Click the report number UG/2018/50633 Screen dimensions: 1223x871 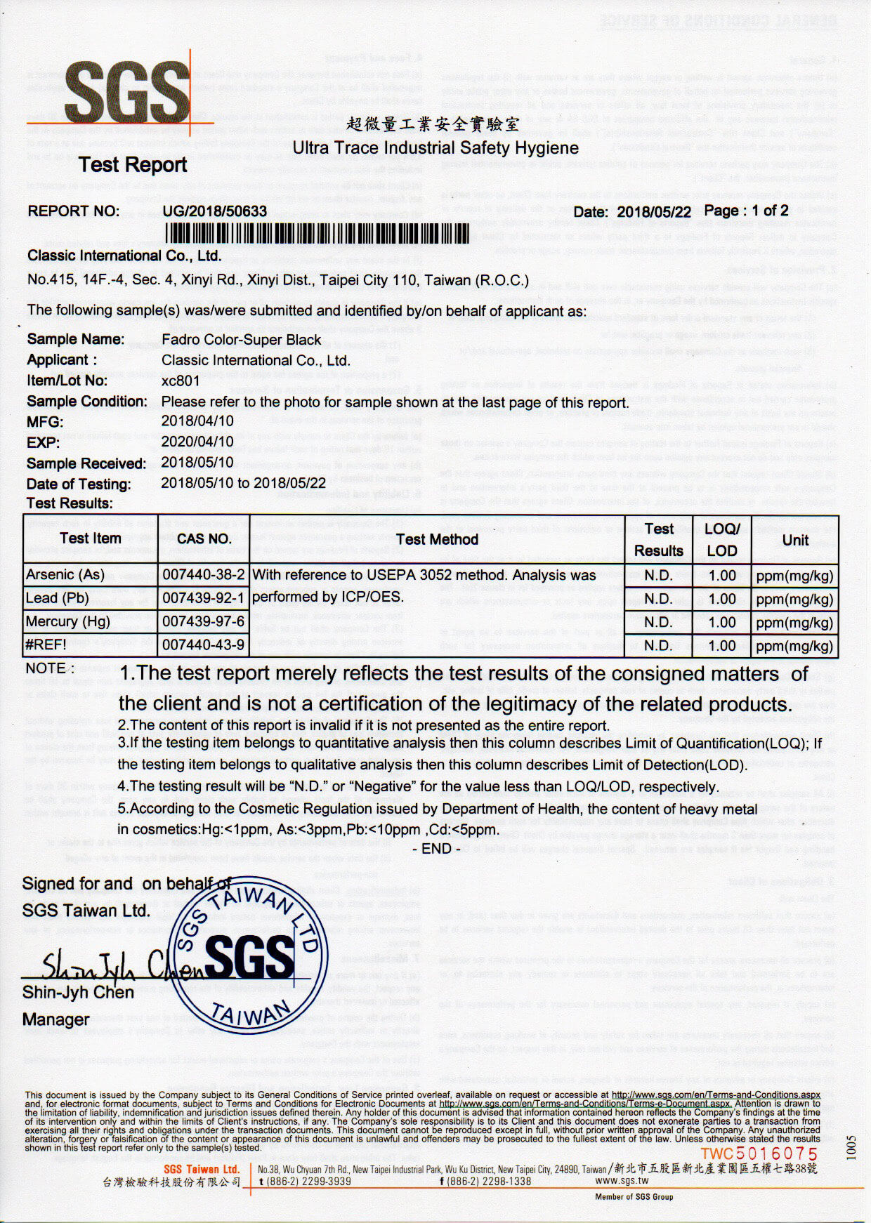pos(214,211)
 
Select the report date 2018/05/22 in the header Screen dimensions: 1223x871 pos(653,212)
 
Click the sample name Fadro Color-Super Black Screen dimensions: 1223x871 pos(241,340)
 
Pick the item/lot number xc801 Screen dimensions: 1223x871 pos(181,381)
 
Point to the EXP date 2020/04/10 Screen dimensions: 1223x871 pos(197,442)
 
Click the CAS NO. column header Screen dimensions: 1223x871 pos(204,538)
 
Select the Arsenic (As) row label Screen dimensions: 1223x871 pos(65,575)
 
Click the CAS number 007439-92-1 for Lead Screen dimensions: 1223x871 pos(204,598)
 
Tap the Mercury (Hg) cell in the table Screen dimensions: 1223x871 pos(67,621)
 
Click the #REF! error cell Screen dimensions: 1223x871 pos(46,644)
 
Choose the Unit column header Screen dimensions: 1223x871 pos(795,540)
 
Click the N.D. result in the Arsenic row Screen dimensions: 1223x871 pos(658,576)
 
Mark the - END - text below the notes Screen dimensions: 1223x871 pos(436,849)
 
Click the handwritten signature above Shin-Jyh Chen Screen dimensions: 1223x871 pos(112,967)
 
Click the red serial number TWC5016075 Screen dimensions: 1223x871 pos(759,1154)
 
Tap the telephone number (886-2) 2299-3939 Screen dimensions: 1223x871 pos(308,1181)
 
